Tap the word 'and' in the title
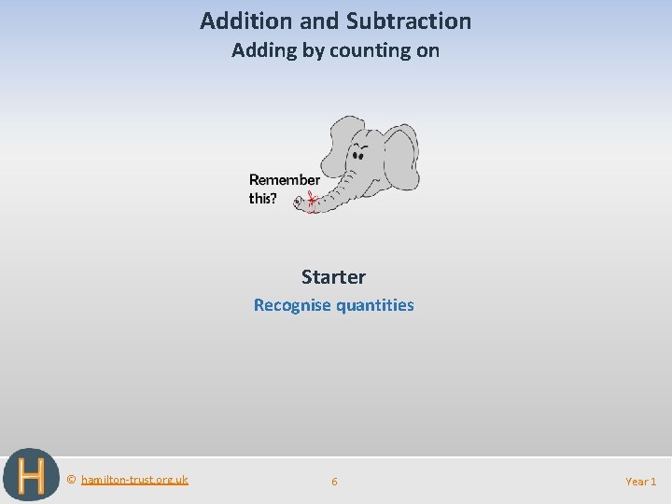pyautogui.click(x=317, y=21)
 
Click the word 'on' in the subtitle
pyautogui.click(x=428, y=50)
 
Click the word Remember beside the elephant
pyautogui.click(x=284, y=180)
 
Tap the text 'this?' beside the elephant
pyautogui.click(x=262, y=199)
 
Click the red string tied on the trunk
pyautogui.click(x=311, y=200)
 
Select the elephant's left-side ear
pyautogui.click(x=338, y=140)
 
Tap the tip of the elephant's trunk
pyautogui.click(x=300, y=202)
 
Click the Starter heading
pyautogui.click(x=333, y=277)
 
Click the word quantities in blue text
pyautogui.click(x=374, y=305)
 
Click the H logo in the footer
pyautogui.click(x=30, y=476)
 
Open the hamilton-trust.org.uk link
pyautogui.click(x=134, y=480)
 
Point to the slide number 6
pyautogui.click(x=334, y=482)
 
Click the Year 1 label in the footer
pyautogui.click(x=640, y=482)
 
